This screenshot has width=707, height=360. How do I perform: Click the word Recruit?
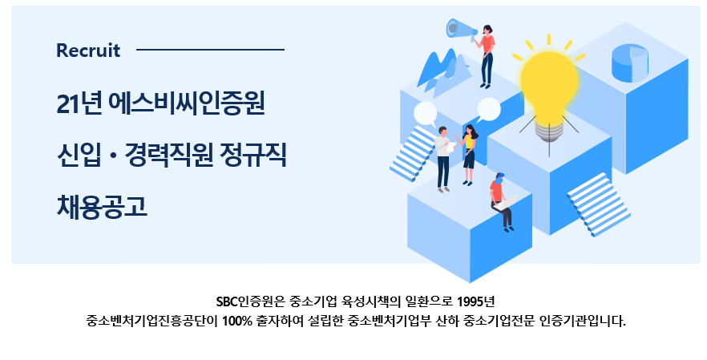tap(88, 50)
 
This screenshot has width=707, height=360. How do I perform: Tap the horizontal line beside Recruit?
tap(210, 50)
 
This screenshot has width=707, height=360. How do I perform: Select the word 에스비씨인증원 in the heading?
tap(186, 103)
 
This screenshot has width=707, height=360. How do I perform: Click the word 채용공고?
tap(102, 207)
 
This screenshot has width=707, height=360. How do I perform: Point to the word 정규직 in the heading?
tap(253, 155)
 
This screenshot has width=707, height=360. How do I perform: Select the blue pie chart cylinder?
tap(630, 63)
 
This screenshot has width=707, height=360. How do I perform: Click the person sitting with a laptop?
tap(503, 201)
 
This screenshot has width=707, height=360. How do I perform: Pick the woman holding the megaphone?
tap(487, 56)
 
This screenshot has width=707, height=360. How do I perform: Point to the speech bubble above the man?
tap(425, 114)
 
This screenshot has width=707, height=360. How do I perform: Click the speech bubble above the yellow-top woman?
tap(488, 110)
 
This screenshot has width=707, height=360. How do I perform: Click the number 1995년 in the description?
tap(475, 301)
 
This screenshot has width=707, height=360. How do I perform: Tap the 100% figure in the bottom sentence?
tap(236, 322)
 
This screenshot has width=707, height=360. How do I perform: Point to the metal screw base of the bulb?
tap(549, 131)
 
